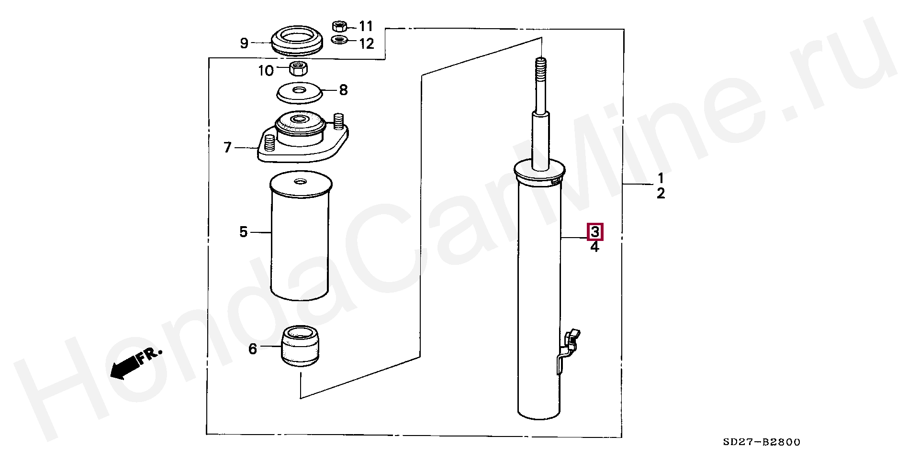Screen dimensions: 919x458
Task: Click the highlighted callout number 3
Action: point(594,232)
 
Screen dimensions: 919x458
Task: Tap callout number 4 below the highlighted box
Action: point(594,247)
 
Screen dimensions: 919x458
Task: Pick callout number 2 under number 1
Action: point(661,194)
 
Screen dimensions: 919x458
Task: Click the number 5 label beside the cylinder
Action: point(244,232)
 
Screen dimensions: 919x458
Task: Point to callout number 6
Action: point(253,349)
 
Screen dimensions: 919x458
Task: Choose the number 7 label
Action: point(228,148)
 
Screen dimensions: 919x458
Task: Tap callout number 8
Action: point(343,90)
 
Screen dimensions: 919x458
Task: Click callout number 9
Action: point(244,44)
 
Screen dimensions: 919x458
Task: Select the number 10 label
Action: point(266,71)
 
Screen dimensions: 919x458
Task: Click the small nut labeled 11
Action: point(339,25)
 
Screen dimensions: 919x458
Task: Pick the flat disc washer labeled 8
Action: point(299,93)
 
